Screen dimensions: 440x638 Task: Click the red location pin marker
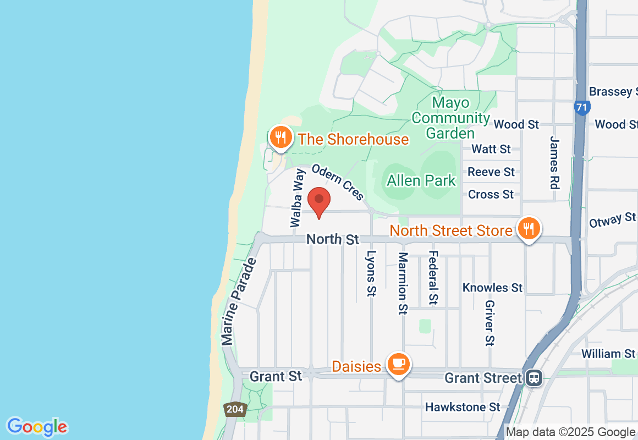click(318, 202)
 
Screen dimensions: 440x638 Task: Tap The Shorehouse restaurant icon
click(281, 137)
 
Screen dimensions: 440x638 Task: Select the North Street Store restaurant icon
click(529, 228)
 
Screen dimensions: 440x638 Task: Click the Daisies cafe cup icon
click(399, 364)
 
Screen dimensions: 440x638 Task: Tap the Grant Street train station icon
click(533, 378)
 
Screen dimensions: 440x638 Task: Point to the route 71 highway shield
click(581, 107)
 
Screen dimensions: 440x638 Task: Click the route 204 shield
click(234, 409)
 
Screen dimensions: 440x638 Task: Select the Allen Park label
click(421, 180)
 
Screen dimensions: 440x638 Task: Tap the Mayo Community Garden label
click(450, 118)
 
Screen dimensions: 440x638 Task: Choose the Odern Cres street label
click(338, 182)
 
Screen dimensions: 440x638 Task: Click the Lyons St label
click(372, 274)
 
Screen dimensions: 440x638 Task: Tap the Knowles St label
click(492, 288)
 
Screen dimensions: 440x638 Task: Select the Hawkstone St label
click(463, 407)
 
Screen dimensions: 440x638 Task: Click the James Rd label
click(554, 163)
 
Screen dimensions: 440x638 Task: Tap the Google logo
click(37, 427)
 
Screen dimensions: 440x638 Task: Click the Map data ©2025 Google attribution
click(570, 432)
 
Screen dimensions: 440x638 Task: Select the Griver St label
click(490, 323)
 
